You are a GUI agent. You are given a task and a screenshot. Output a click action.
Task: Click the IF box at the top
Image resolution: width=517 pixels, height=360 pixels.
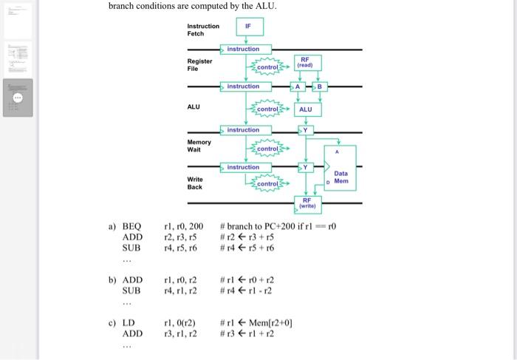(x=248, y=27)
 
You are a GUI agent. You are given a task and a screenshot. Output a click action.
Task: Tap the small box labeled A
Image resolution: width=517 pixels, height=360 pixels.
(x=297, y=87)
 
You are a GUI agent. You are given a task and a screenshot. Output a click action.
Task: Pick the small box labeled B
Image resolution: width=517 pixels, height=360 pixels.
(x=319, y=87)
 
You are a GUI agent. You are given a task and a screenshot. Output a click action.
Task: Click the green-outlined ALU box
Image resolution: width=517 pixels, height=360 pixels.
(x=305, y=109)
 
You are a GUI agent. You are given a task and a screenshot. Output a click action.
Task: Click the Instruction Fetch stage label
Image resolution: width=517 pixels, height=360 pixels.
(x=203, y=30)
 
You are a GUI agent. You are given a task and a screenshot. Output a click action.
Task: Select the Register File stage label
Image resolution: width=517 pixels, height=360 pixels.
(x=199, y=64)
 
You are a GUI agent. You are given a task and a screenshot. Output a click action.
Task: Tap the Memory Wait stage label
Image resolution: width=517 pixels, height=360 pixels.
(x=199, y=146)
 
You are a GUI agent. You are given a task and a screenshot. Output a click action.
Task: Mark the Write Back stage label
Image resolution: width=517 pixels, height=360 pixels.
(x=195, y=183)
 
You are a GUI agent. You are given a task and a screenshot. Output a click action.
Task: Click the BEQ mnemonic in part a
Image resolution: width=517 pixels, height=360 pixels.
(x=131, y=225)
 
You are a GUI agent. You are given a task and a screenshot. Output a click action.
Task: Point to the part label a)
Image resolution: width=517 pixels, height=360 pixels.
(x=112, y=225)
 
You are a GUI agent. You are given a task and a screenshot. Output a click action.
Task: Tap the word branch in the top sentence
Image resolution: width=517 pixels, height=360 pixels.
(x=125, y=7)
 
